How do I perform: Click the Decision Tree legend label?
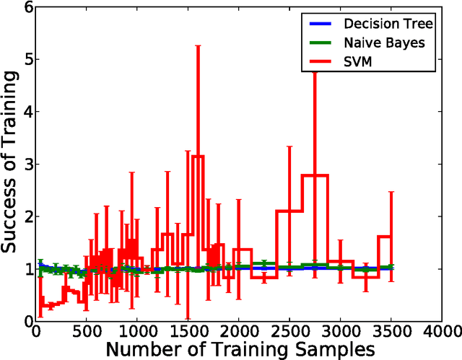point(391,23)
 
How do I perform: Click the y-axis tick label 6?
point(27,7)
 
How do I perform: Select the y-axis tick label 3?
point(27,164)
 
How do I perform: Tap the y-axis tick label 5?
point(27,59)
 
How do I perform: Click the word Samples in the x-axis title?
point(333,349)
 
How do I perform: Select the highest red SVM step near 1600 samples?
point(198,156)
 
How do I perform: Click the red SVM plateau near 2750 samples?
point(314,175)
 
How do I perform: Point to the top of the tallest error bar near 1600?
point(198,46)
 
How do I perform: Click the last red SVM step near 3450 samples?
point(384,237)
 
